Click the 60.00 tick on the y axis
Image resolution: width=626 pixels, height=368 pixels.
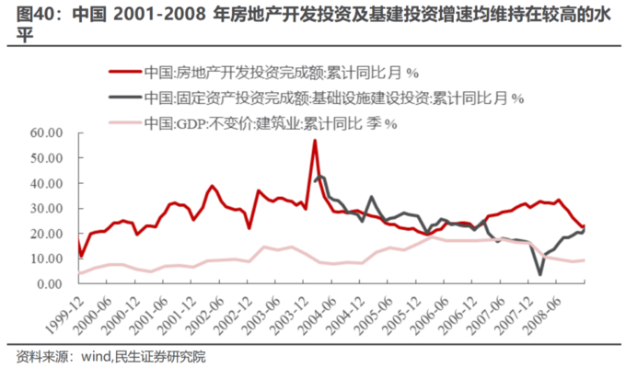click(43, 132)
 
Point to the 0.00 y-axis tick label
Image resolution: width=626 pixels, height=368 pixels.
click(47, 284)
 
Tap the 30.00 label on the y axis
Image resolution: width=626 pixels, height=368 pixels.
click(43, 209)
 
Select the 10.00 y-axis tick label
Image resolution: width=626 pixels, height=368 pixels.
click(43, 259)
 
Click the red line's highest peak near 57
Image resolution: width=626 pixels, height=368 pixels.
click(315, 140)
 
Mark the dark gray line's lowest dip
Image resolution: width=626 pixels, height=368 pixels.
click(540, 273)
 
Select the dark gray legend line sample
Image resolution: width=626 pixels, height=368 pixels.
click(124, 97)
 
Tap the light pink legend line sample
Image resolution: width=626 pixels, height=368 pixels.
click(124, 121)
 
